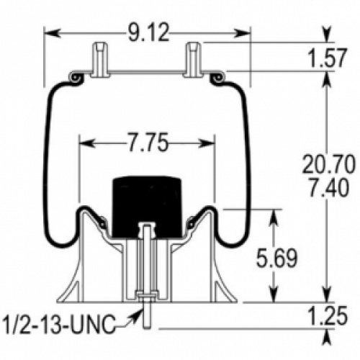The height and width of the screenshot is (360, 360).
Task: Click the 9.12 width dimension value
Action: (148, 33)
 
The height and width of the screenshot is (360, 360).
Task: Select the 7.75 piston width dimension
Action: (147, 143)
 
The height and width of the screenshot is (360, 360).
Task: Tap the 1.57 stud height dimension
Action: (327, 58)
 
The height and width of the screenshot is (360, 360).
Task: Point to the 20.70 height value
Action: (328, 165)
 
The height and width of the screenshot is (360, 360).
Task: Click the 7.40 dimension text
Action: (328, 188)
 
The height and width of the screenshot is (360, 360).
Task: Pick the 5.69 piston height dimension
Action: (276, 258)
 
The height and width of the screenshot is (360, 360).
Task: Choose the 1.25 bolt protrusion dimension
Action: (328, 315)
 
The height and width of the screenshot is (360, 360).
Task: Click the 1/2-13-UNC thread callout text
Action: (59, 325)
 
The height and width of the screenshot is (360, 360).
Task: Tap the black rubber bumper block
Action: (147, 207)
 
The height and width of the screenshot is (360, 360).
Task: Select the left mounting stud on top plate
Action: (100, 59)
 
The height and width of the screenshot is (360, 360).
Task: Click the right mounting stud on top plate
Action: (194, 59)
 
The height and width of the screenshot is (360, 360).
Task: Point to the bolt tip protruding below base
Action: (147, 316)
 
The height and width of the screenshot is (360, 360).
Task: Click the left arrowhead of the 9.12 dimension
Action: (52, 33)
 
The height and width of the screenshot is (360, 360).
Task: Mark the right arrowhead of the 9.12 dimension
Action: (242, 33)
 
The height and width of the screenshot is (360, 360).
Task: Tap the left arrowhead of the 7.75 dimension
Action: (86, 143)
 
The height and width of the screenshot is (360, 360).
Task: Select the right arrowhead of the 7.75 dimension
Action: (207, 143)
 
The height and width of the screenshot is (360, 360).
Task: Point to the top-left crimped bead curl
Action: (76, 78)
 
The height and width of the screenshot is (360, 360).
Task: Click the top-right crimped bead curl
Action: (217, 78)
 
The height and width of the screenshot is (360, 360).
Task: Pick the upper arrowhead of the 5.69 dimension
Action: (274, 217)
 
